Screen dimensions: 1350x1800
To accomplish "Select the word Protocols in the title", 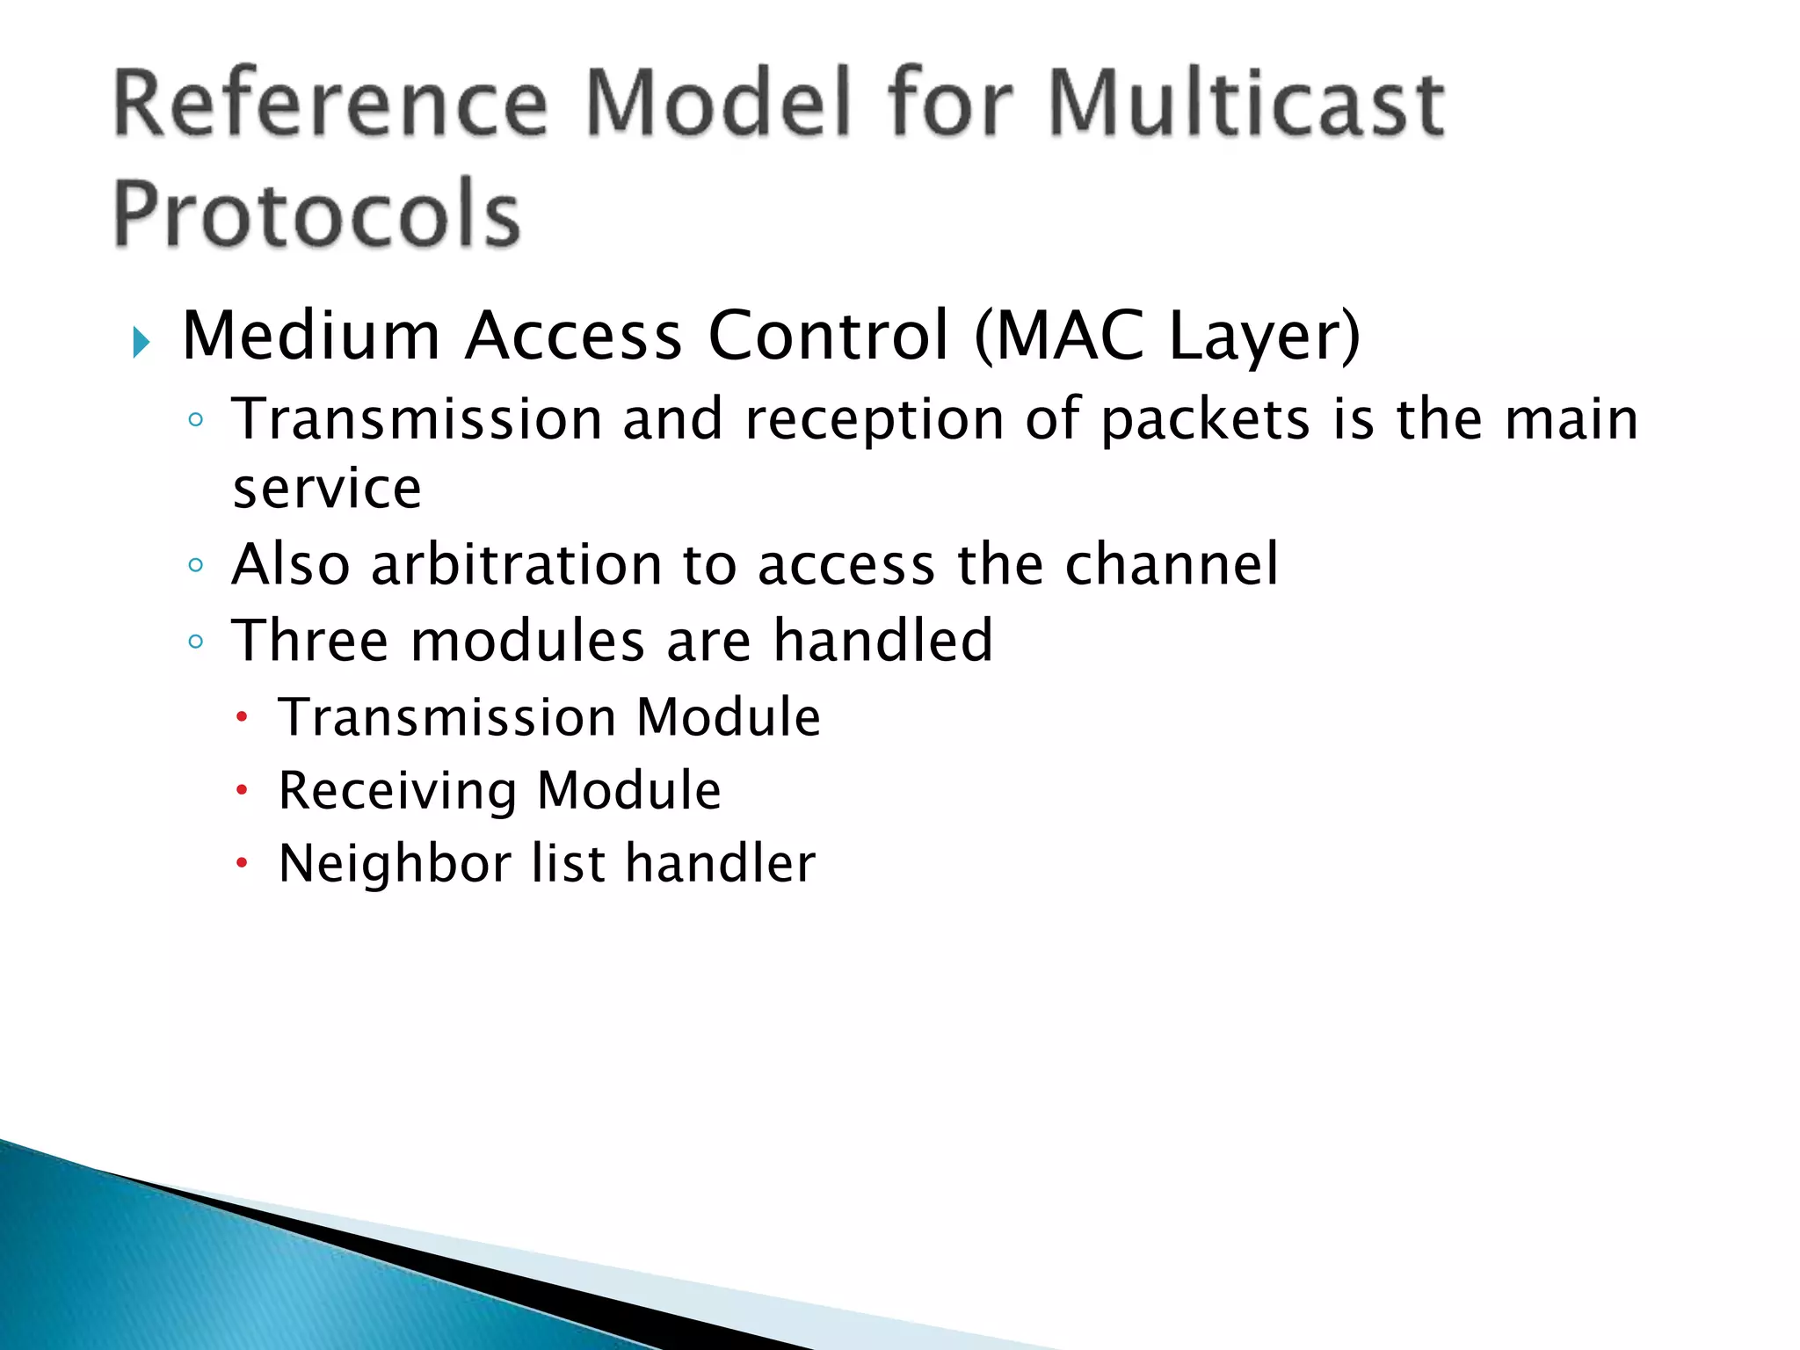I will coord(316,214).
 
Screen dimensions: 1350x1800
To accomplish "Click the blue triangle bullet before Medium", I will coord(142,341).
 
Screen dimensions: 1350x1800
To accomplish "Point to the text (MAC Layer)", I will coord(1167,336).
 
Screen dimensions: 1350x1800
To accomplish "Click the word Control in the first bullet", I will coord(828,336).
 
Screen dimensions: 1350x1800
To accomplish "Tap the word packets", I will coord(1205,419).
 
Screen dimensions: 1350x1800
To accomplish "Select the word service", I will coord(327,489).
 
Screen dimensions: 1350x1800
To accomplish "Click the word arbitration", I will coord(516,564).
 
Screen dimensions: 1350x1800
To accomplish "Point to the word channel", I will coord(1172,564).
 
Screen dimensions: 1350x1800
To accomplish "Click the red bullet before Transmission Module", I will coord(243,717).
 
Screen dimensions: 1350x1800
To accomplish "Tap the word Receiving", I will coord(397,790).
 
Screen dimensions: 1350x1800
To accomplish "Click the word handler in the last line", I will coord(721,863).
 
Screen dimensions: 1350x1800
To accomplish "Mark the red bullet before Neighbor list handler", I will coord(243,864).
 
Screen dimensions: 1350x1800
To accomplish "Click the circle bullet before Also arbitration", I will coord(196,565).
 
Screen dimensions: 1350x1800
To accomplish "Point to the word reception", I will coord(874,419).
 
